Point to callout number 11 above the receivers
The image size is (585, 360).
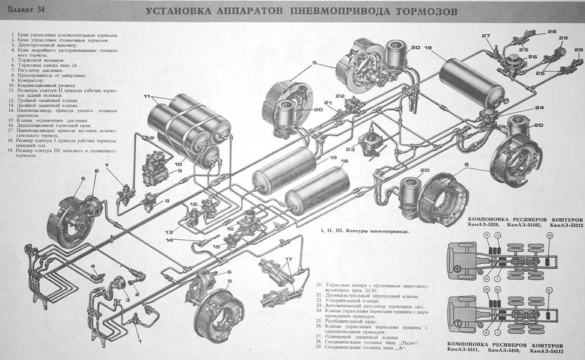coord(146,96)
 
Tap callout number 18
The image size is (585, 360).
coord(345,162)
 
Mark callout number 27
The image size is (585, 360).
coord(486,35)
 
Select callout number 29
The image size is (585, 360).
coord(563,38)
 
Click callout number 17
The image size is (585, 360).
coord(289,260)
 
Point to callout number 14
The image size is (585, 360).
coord(171,240)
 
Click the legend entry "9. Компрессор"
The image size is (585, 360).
coord(29,81)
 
